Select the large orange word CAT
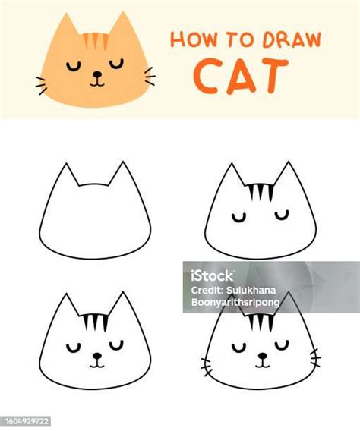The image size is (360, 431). coord(241,76)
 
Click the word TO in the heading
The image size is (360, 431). coord(239,40)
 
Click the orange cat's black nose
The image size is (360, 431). coord(96,74)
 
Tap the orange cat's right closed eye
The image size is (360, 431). coord(117,64)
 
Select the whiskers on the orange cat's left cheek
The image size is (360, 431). coord(41,86)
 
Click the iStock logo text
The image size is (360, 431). coord(212,275)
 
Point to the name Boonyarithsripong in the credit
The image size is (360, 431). coord(235,302)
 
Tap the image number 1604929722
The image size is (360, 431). coord(27,421)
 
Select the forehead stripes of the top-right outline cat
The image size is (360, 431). coord(261,193)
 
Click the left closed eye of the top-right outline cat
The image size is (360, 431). coord(238,218)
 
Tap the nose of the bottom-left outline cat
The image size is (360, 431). coord(96,356)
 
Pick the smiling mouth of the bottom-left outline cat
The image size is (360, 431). coord(97,364)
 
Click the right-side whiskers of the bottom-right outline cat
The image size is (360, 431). coord(315,357)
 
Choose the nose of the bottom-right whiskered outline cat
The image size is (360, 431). coord(263,356)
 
